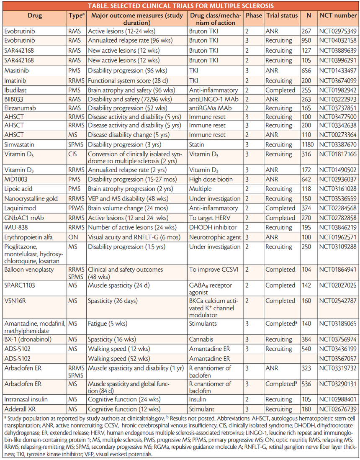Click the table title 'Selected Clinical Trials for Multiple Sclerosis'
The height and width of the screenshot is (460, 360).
point(180,6)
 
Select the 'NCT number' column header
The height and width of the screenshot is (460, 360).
point(338,15)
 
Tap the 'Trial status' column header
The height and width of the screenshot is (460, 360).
point(282,15)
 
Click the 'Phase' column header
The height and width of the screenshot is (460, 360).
point(254,15)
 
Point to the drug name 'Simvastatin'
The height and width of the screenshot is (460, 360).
point(20,144)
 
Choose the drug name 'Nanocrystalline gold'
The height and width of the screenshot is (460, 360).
point(31,198)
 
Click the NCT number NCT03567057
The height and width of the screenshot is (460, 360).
point(338,359)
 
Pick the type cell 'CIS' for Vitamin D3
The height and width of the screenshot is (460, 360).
point(74,154)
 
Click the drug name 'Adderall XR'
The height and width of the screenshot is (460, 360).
point(19,409)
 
